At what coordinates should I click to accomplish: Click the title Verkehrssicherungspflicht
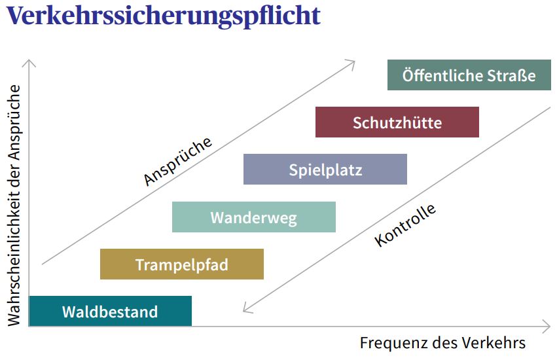(x=164, y=16)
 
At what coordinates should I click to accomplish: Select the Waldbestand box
(x=110, y=311)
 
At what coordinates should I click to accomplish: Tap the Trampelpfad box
(x=182, y=264)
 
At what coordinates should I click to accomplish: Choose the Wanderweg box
(x=254, y=217)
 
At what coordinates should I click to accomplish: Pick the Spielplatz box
(x=325, y=169)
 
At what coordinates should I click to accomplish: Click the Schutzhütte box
(x=397, y=122)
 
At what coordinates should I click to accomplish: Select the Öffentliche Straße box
(x=469, y=75)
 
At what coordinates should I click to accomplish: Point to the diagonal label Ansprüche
(x=177, y=161)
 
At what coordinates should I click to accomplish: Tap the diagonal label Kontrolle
(x=405, y=225)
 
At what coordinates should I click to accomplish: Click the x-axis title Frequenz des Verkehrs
(x=442, y=343)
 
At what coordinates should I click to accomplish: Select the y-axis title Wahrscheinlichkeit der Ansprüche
(x=14, y=205)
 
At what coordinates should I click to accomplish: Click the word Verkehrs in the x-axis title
(x=497, y=343)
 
